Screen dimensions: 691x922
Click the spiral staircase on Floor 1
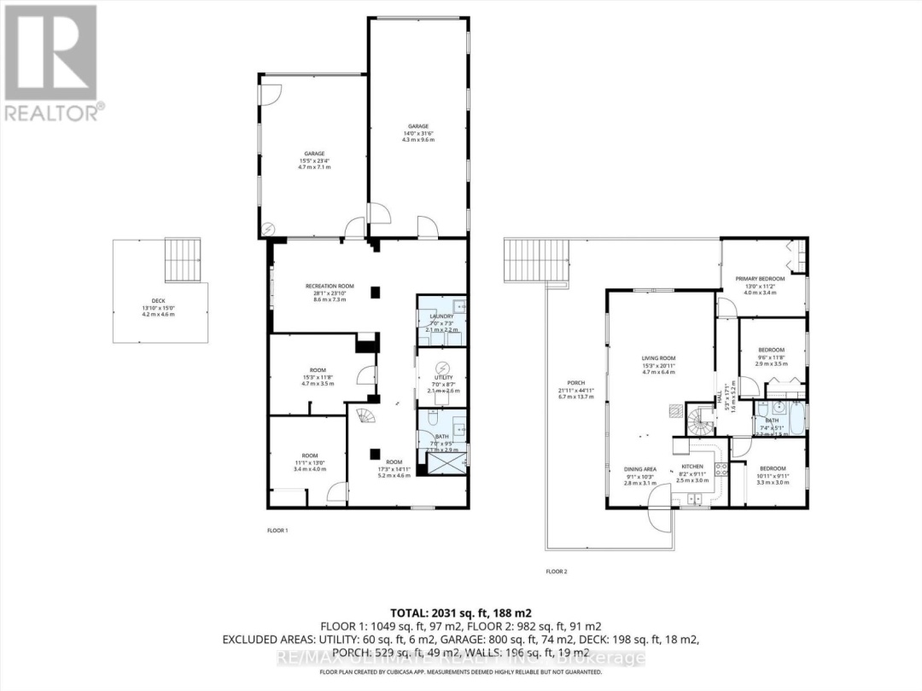click(365, 417)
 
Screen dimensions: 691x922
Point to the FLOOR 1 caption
click(277, 531)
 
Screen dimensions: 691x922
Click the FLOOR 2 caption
click(557, 571)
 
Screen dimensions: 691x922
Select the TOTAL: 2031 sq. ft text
click(460, 613)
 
